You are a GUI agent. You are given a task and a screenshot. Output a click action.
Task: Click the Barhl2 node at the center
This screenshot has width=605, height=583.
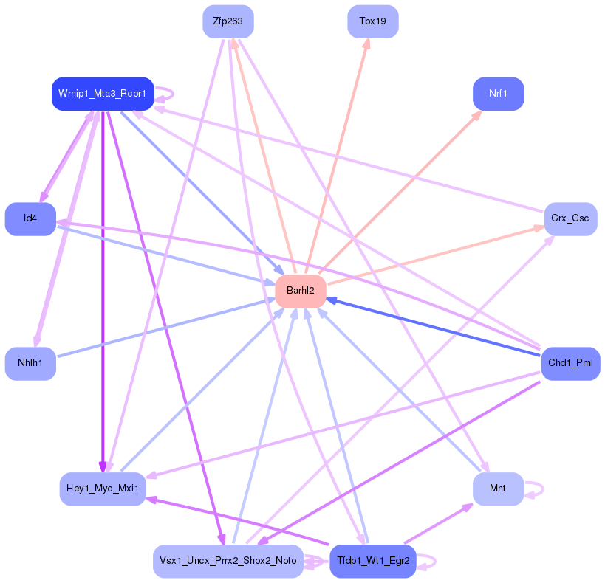tap(301, 291)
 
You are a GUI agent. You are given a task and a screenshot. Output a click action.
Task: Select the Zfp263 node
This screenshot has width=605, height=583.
tap(228, 21)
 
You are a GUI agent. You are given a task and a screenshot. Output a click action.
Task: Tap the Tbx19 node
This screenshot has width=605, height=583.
tap(372, 21)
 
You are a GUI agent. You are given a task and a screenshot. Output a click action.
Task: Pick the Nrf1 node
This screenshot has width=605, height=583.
tap(498, 94)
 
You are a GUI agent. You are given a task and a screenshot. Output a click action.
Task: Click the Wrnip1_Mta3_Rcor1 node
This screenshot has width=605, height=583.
tap(102, 94)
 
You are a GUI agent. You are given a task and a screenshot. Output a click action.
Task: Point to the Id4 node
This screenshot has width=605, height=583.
tap(30, 218)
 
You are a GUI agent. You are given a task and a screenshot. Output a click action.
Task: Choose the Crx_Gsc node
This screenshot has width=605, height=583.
tap(570, 219)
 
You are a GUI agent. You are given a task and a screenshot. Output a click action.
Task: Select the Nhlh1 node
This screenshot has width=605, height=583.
tap(30, 363)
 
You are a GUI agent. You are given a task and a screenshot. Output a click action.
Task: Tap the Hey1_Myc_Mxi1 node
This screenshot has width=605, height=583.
tap(102, 489)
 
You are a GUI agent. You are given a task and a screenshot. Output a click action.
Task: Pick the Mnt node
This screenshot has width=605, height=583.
tap(498, 489)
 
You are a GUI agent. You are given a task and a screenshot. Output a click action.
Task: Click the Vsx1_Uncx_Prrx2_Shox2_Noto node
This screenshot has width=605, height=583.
tap(228, 561)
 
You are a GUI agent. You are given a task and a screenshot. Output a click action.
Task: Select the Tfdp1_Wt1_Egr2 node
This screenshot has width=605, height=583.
tap(372, 561)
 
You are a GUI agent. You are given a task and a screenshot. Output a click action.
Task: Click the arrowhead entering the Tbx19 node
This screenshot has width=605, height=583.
tap(366, 44)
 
